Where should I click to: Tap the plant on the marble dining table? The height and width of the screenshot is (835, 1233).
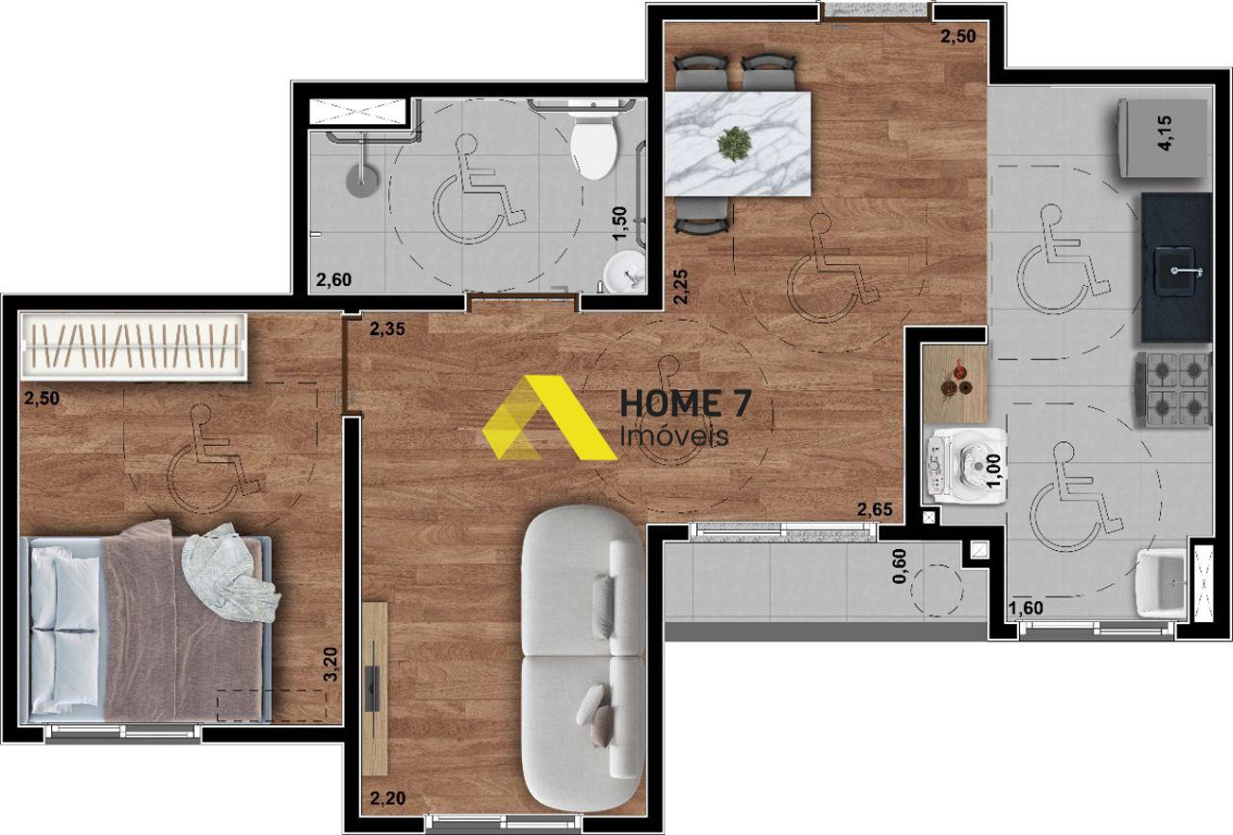click(x=734, y=144)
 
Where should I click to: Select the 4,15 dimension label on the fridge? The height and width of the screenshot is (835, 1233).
click(x=1165, y=133)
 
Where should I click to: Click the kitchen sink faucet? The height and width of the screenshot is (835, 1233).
click(x=1187, y=271)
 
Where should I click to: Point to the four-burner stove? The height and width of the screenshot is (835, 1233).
click(x=1173, y=390)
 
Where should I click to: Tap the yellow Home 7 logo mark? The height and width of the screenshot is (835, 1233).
click(x=549, y=417)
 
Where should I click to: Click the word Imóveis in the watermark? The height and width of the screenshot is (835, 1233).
click(x=674, y=435)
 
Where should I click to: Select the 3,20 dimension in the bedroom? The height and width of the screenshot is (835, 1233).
click(x=330, y=665)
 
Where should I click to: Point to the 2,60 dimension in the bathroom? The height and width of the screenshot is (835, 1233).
click(x=333, y=279)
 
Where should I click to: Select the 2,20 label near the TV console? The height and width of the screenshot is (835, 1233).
click(x=387, y=797)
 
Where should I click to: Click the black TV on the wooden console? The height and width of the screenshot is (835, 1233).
click(x=373, y=690)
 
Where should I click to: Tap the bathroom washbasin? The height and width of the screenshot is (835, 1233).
click(x=624, y=272)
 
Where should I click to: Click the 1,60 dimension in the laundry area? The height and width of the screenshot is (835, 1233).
click(x=1026, y=608)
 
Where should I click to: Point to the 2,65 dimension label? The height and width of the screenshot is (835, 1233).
click(x=875, y=509)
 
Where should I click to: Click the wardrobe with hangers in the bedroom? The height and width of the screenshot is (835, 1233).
click(x=133, y=347)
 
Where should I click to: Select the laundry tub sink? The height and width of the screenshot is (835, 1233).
click(x=1163, y=584)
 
